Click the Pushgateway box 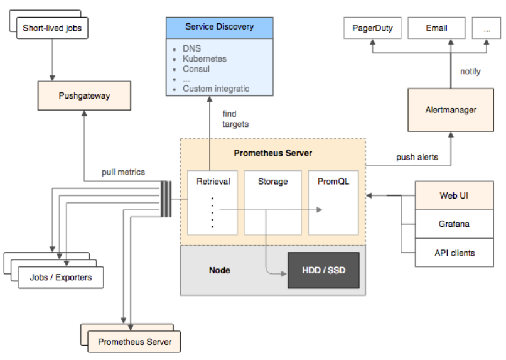click(x=84, y=96)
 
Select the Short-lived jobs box click(x=52, y=28)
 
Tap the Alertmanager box click(x=451, y=110)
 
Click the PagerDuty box click(x=372, y=28)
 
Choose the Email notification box click(x=436, y=28)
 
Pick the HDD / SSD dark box click(x=323, y=270)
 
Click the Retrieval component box click(x=213, y=202)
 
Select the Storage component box click(x=272, y=202)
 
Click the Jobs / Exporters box click(x=60, y=277)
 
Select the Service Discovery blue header click(x=219, y=27)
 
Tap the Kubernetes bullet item click(x=205, y=58)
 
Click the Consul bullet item click(x=196, y=68)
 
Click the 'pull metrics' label click(x=124, y=172)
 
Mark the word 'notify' click(x=470, y=72)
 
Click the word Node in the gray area click(x=220, y=270)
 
